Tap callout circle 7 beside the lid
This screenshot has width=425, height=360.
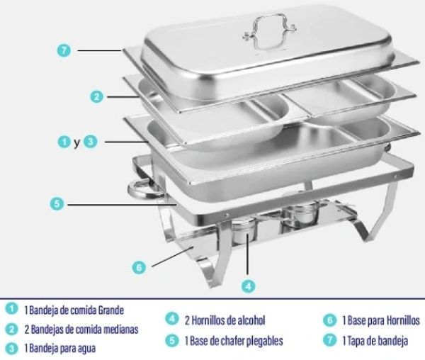click(64, 50)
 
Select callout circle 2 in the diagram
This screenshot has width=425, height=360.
click(97, 97)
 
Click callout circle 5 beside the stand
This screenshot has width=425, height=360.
click(57, 203)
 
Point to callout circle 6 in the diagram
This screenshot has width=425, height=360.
click(139, 268)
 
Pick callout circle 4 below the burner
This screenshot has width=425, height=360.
click(249, 286)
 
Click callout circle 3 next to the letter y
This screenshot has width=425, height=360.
click(90, 142)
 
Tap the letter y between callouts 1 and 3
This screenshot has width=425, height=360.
click(77, 142)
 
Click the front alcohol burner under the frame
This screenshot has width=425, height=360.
click(244, 230)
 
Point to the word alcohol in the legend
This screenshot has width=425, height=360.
click(251, 320)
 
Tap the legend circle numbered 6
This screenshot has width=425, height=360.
click(330, 320)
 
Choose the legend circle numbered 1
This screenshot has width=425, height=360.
click(11, 309)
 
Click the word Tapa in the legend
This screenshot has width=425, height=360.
click(356, 341)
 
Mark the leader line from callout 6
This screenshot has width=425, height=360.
click(173, 257)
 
